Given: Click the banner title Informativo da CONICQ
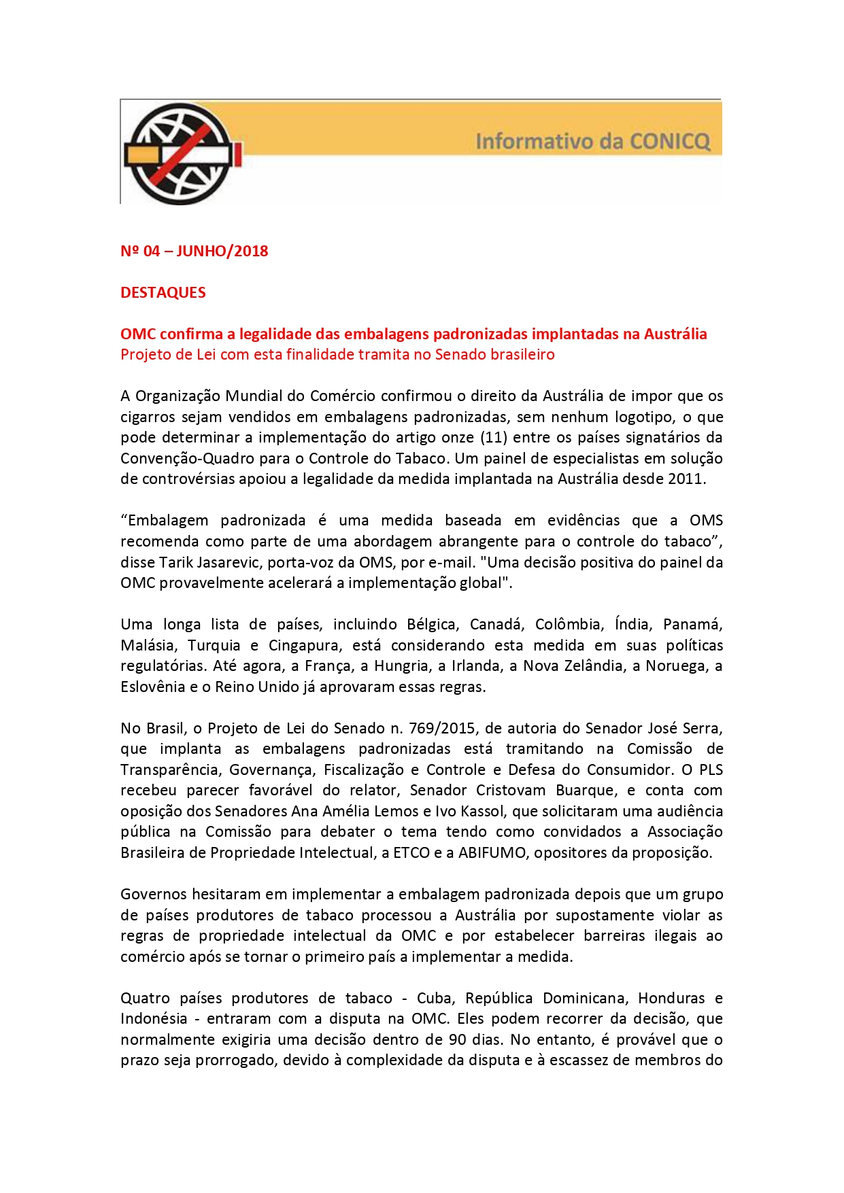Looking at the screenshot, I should click(592, 141).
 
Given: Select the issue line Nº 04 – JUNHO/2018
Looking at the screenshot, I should click(194, 251).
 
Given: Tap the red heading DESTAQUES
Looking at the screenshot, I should click(163, 292).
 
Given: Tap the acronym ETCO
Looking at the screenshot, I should click(411, 852).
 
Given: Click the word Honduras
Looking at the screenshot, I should click(671, 998).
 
